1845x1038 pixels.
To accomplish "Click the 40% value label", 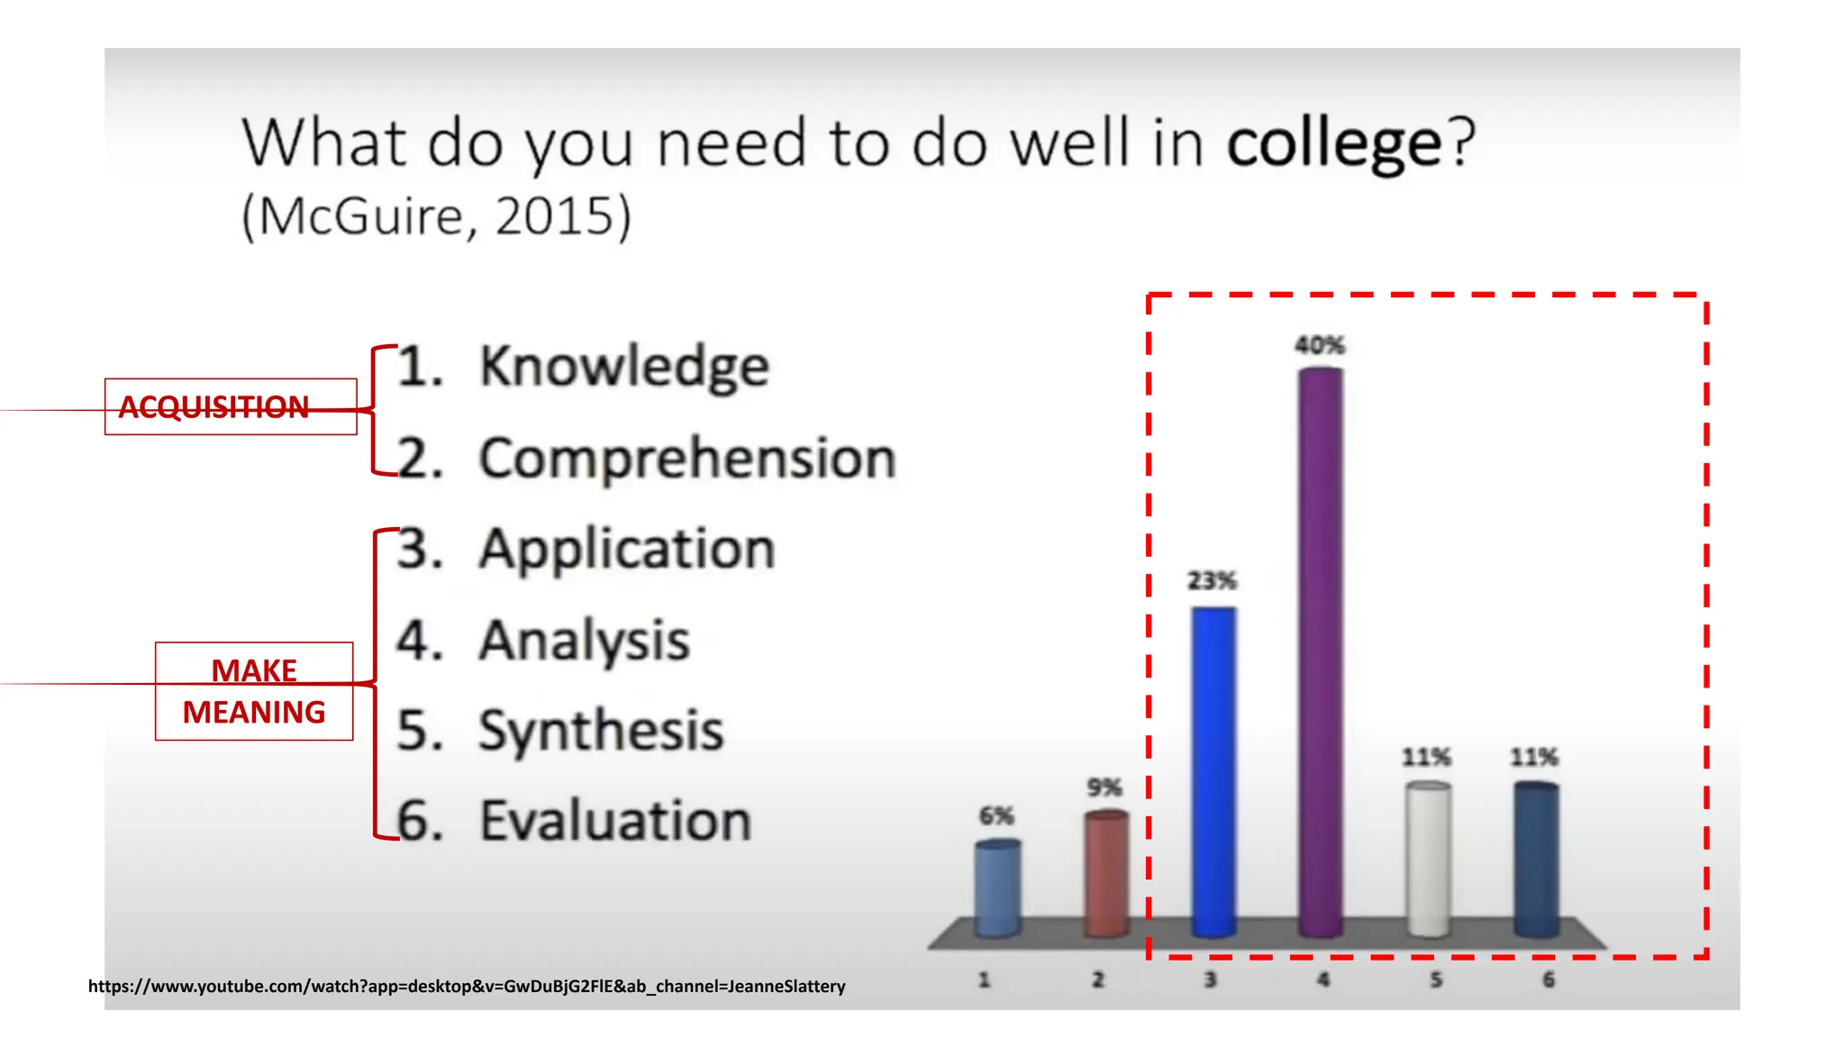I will (1320, 345).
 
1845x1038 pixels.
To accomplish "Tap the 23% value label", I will (1212, 580).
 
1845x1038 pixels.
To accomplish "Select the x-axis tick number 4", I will (1322, 979).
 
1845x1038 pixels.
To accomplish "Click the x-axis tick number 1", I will (984, 979).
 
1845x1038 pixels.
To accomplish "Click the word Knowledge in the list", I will (624, 367).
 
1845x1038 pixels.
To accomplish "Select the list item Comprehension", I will (687, 459).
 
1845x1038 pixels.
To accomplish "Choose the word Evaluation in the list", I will (615, 821).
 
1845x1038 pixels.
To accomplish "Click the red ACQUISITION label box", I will (231, 407).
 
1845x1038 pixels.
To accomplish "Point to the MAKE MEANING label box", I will (254, 692).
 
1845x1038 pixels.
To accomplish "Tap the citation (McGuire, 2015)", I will (437, 216).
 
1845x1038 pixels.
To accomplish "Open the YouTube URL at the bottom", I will (467, 986).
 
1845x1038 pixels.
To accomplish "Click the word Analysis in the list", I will (584, 641).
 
